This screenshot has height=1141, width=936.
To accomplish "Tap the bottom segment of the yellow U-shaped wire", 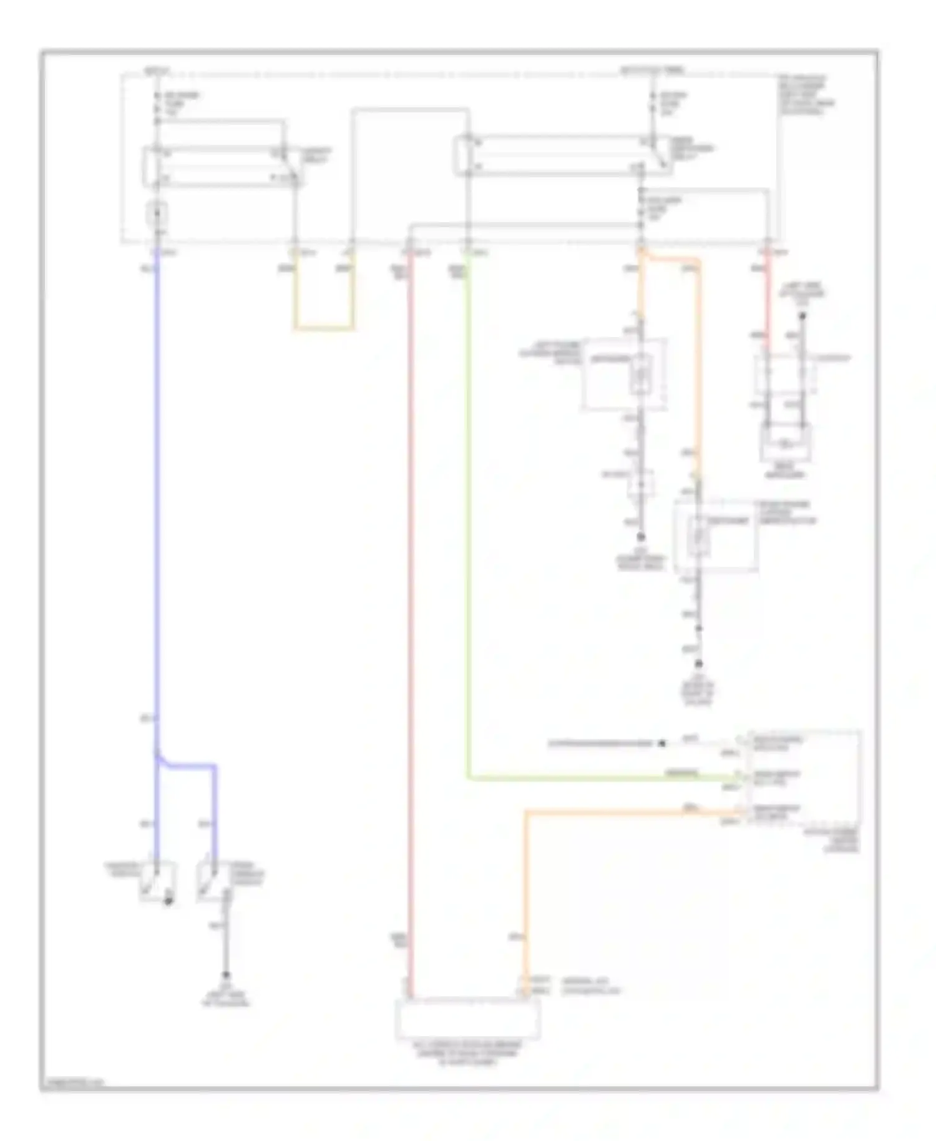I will (x=323, y=328).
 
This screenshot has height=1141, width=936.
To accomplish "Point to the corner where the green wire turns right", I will (x=469, y=778).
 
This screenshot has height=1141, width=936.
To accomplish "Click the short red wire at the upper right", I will (x=768, y=300).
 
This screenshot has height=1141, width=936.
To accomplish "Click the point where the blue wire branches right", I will (x=158, y=757).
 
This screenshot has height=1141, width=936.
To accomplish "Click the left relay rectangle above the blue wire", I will (x=222, y=167).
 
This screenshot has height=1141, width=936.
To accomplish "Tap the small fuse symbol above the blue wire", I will (x=157, y=215).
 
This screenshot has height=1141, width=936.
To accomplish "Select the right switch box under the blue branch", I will (x=213, y=881).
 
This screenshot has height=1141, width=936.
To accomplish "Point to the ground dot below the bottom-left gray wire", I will (x=227, y=975).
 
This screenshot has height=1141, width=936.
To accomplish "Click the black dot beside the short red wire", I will (x=802, y=316).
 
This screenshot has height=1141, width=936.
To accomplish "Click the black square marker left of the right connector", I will (x=663, y=743).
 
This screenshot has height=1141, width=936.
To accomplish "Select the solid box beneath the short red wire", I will (x=786, y=443).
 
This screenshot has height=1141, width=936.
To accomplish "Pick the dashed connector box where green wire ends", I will (x=800, y=777).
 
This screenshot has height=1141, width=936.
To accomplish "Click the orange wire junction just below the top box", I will (x=641, y=253).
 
